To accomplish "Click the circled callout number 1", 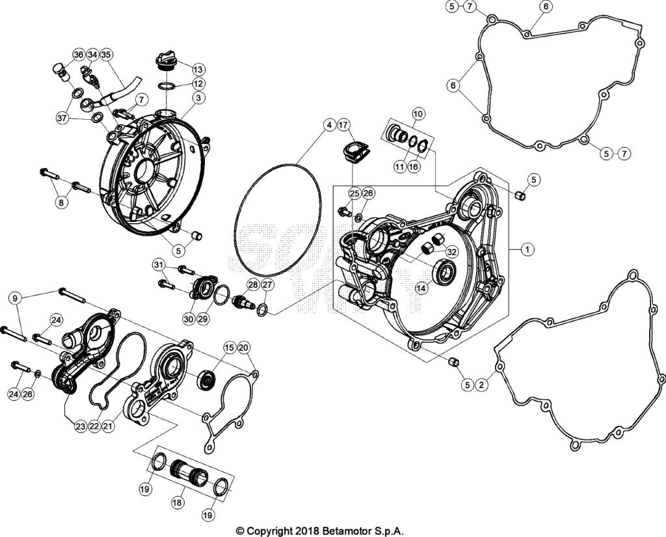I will [x=527, y=249].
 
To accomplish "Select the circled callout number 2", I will [x=481, y=385].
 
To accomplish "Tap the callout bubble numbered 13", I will [x=198, y=69].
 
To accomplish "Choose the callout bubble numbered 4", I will [x=329, y=124].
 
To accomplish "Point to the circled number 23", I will [x=80, y=427].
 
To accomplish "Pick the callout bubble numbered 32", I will [x=452, y=253].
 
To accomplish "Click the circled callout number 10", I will [x=418, y=114].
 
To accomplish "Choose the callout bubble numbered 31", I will [x=159, y=264].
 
